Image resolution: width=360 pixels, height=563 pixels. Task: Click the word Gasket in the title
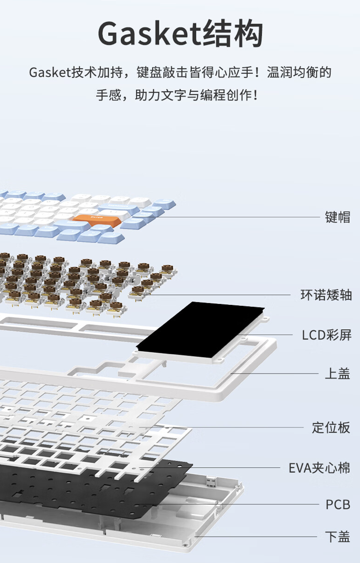point(147,34)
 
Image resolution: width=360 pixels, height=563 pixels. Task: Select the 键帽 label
point(338,217)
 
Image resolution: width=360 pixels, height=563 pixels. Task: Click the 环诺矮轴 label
point(326,295)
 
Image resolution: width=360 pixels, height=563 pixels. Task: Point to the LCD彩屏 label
point(326,335)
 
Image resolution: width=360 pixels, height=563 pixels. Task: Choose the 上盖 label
point(338,374)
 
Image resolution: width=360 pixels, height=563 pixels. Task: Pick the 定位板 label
point(331,427)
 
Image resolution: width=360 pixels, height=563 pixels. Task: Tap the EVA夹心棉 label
point(320,468)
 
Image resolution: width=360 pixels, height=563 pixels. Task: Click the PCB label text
point(338,504)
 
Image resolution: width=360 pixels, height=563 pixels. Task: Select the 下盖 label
point(338,537)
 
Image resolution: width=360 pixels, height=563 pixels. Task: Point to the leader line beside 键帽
point(244,217)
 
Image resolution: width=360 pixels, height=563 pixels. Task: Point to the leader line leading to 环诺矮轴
point(220,295)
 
